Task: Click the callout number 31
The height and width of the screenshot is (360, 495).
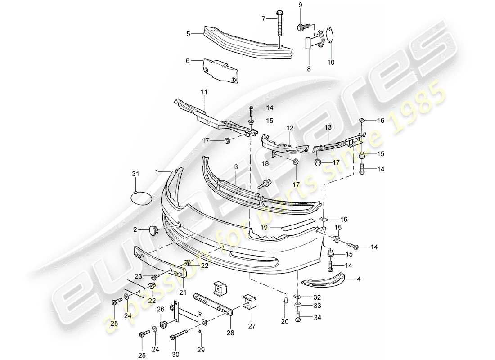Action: tap(135, 175)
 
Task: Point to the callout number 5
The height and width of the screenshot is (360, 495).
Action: tap(189, 33)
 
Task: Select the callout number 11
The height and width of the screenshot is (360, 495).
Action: tap(204, 92)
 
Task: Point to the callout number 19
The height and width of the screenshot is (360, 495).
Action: tap(265, 228)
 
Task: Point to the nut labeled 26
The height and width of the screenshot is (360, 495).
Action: tap(164, 324)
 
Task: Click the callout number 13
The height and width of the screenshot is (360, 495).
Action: tap(327, 128)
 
